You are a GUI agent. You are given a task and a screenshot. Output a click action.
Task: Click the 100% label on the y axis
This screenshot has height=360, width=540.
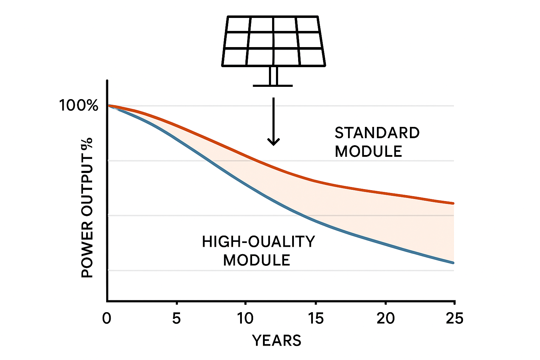click(x=78, y=105)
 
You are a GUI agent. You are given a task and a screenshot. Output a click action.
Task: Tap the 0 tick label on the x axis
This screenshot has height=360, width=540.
click(x=107, y=319)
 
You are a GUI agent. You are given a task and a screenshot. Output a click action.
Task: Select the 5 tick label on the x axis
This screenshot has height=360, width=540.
click(x=176, y=319)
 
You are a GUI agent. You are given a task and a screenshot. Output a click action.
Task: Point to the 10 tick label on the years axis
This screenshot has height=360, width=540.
click(x=245, y=319)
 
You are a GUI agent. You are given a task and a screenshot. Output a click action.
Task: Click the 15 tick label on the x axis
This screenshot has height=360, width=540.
click(x=315, y=319)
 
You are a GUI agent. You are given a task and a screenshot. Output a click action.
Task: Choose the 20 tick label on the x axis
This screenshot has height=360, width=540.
click(x=386, y=319)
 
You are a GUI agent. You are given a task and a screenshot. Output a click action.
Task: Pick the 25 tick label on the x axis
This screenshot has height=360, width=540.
click(x=455, y=319)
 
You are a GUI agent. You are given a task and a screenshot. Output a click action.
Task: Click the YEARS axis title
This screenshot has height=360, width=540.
click(x=277, y=341)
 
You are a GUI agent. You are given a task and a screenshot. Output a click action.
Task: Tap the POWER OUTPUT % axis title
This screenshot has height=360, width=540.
click(x=87, y=207)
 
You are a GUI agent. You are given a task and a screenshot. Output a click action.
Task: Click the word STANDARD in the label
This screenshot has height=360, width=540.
click(x=377, y=133)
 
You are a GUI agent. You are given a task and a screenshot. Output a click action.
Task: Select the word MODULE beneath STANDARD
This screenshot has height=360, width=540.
click(x=368, y=152)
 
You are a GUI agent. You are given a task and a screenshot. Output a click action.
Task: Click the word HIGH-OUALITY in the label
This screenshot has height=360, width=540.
click(x=258, y=242)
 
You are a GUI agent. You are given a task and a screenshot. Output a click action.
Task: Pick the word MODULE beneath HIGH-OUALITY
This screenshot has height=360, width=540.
click(x=257, y=261)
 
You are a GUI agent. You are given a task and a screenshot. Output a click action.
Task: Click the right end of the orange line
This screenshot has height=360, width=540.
click(x=453, y=203)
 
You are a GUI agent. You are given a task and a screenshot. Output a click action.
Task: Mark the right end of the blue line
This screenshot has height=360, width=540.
click(x=453, y=263)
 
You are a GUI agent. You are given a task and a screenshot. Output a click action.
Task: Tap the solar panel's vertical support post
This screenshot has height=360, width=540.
click(x=274, y=76)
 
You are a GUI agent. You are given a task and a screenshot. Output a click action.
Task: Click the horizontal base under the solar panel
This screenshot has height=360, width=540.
click(x=273, y=85)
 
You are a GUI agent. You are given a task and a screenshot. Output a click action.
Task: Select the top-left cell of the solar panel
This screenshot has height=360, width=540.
click(x=238, y=24)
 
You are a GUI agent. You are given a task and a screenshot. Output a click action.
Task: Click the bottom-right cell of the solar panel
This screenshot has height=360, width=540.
click(x=311, y=57)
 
